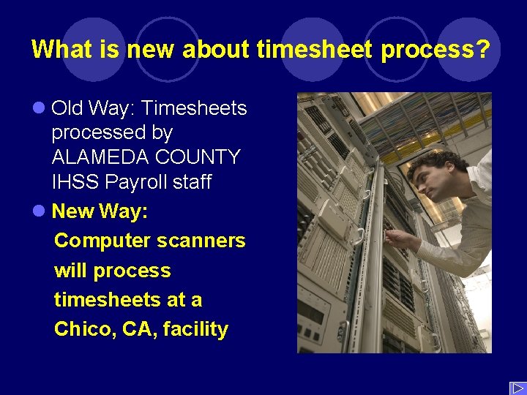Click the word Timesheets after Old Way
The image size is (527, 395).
coord(194,108)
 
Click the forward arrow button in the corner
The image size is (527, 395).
coord(517,388)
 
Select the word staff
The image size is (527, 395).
coord(193,182)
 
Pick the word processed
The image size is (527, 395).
coord(112,133)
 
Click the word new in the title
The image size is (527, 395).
coord(152,50)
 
